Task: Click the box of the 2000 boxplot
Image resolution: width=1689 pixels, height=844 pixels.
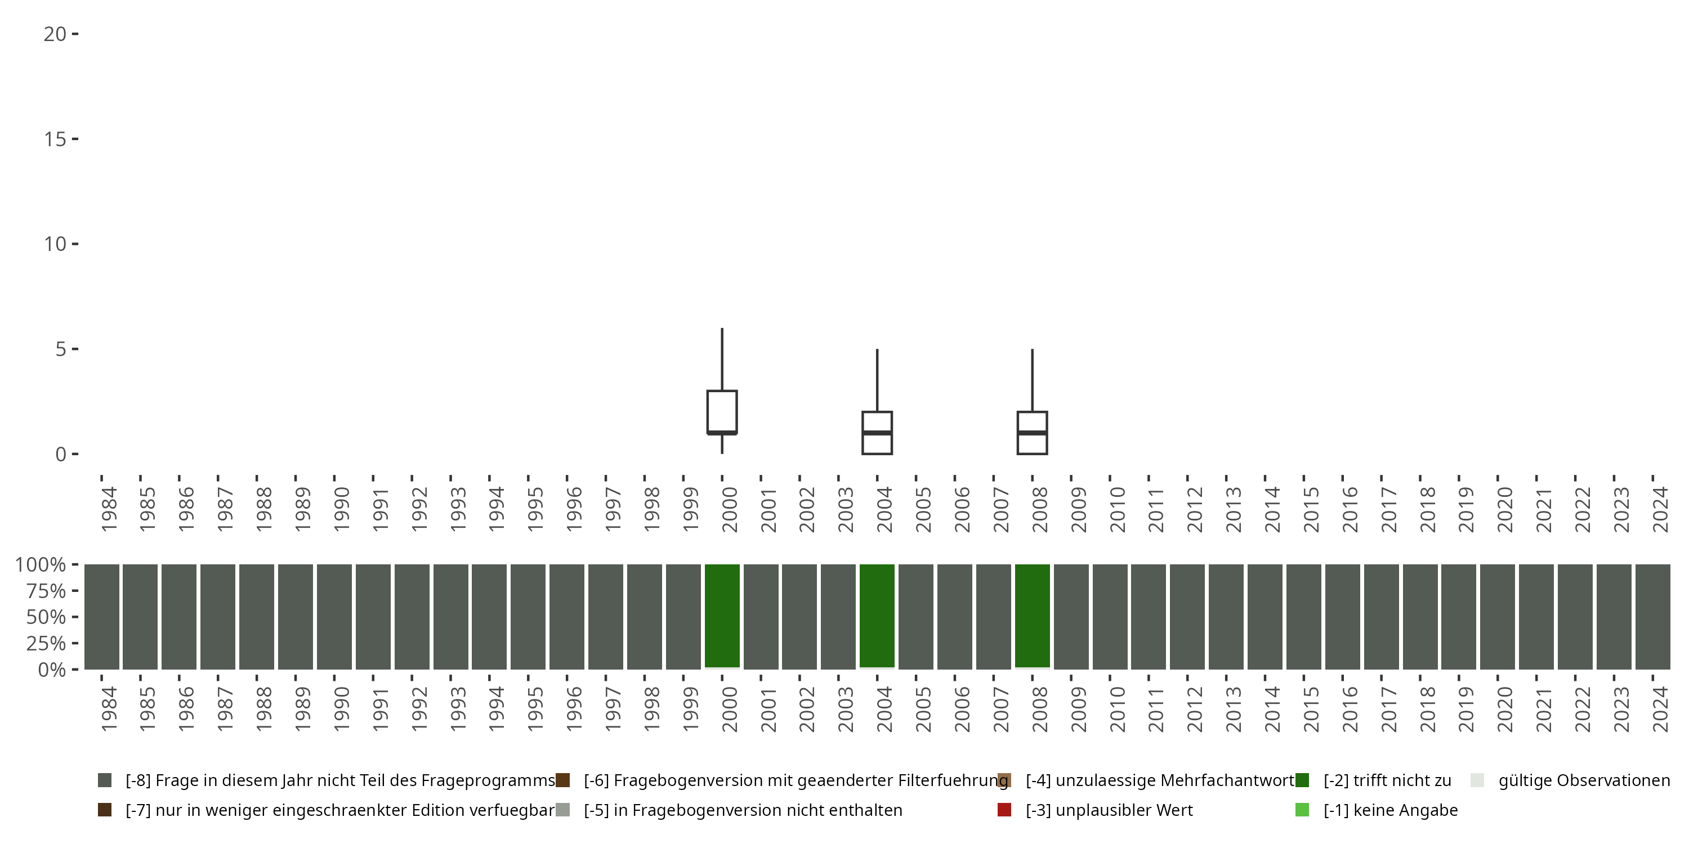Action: point(722,411)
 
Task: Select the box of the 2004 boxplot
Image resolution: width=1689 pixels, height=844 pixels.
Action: point(877,433)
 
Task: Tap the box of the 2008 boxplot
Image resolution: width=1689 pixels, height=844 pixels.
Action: point(1032,433)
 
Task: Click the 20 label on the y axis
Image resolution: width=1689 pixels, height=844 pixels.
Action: point(55,34)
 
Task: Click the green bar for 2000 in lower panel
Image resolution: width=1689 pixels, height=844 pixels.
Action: point(722,616)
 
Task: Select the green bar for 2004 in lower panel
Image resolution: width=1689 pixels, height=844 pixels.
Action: point(877,616)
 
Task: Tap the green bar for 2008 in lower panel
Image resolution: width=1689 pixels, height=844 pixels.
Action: point(1032,616)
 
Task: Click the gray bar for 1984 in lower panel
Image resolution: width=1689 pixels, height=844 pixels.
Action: point(102,617)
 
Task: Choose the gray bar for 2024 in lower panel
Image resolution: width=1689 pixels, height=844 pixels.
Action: point(1652,617)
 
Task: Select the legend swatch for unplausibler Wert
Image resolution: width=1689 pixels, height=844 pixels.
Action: point(1004,810)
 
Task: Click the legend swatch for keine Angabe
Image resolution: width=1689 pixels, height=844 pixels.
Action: point(1302,810)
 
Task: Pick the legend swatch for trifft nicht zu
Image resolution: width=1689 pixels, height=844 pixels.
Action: point(1302,780)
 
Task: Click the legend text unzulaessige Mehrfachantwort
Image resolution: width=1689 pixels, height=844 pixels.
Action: point(1159,780)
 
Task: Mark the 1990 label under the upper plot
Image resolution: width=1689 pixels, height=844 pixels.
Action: point(341,509)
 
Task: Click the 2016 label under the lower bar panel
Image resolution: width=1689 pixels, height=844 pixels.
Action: point(1350,709)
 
